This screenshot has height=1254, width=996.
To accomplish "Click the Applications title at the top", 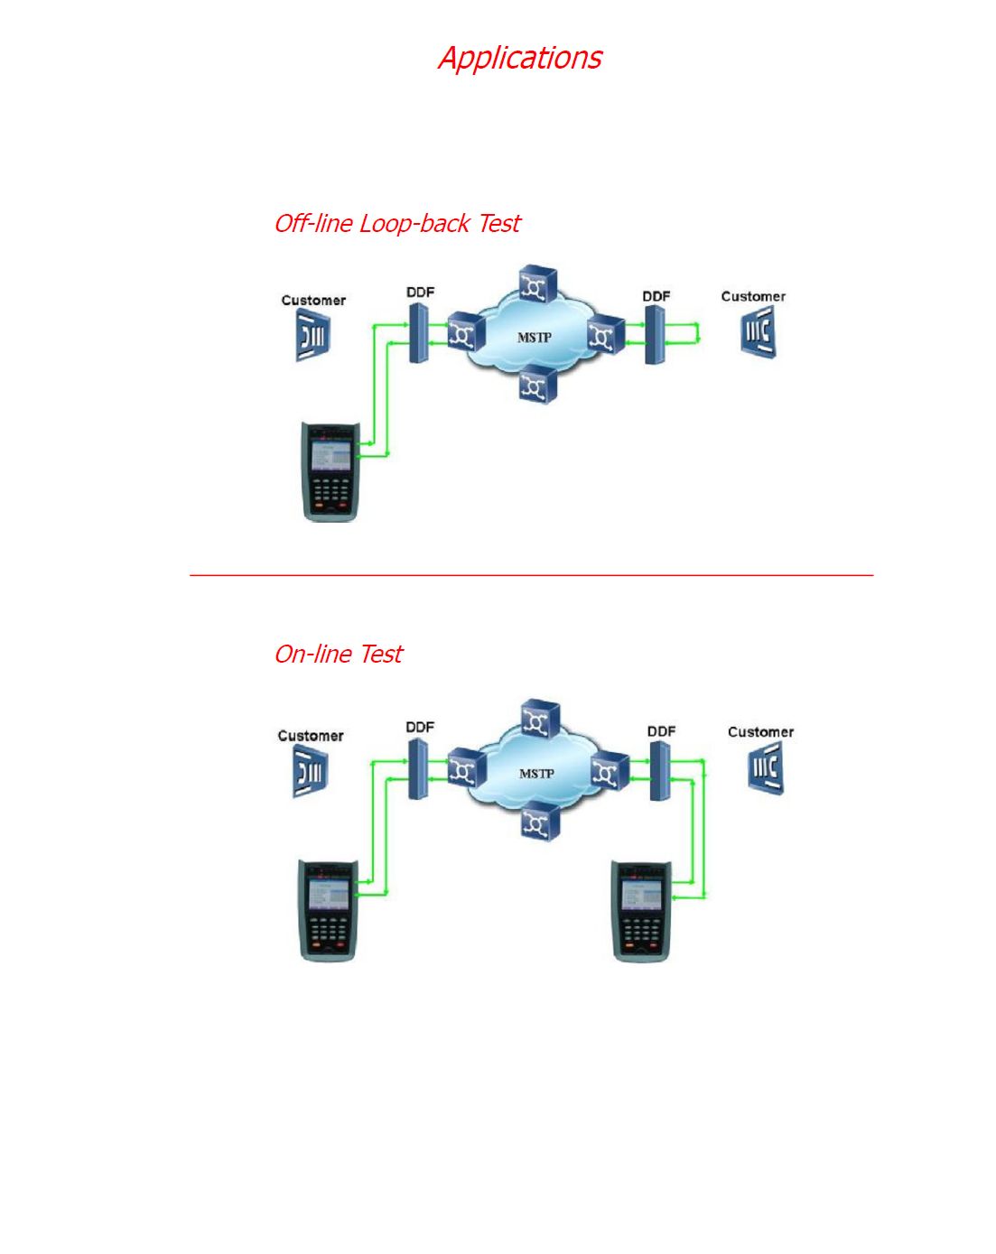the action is (x=519, y=58).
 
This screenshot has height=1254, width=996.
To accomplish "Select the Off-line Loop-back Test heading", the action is (x=396, y=223).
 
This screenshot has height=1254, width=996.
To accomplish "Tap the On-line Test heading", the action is (x=338, y=654).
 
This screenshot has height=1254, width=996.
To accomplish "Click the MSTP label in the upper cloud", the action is (x=534, y=338).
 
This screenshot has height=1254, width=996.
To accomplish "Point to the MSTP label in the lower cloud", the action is (x=536, y=774).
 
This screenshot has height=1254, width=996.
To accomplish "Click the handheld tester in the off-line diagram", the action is (x=330, y=471).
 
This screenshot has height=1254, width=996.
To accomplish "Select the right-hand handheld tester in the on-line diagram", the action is (x=640, y=910).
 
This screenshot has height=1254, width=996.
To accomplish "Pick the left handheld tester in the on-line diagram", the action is (x=328, y=910).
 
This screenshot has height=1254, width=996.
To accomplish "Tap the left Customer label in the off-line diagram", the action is (x=313, y=300).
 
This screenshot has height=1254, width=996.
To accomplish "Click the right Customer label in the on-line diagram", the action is (x=760, y=732).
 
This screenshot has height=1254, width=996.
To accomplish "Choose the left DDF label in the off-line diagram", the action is (x=420, y=292).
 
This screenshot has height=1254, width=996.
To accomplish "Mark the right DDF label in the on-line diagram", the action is (x=661, y=731).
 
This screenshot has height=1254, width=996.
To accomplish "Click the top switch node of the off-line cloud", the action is (x=538, y=285).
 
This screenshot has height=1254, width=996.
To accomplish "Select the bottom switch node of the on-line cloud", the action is (x=540, y=822).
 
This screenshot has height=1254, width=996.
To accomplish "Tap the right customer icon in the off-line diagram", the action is (x=758, y=332).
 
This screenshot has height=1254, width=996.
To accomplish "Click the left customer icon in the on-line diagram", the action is (x=310, y=772).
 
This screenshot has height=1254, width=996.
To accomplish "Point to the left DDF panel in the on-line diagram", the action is (x=417, y=769).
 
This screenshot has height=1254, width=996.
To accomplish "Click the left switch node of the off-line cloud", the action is (x=466, y=333).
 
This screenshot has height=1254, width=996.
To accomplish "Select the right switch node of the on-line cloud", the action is (x=610, y=771).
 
